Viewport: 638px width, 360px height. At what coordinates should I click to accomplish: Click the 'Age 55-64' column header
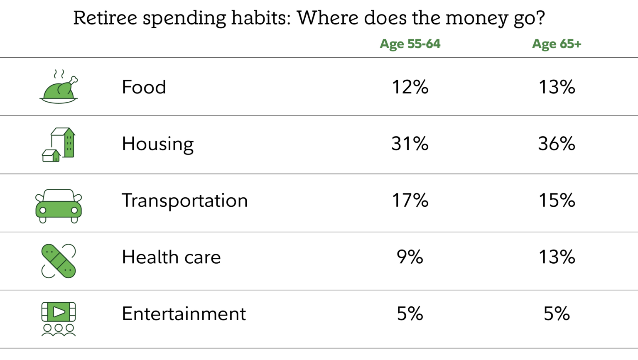(410, 44)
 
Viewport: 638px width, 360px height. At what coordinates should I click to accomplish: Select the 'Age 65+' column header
(557, 44)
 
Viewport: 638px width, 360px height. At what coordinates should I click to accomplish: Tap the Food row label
(144, 87)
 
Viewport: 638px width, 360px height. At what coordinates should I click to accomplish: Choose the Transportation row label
(184, 201)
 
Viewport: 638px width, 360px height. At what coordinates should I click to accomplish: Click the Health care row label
(171, 257)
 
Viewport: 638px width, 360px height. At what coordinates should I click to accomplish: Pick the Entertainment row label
(184, 313)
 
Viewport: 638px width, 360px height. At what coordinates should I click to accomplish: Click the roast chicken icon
(59, 87)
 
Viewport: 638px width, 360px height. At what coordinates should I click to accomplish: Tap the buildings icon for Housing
(59, 144)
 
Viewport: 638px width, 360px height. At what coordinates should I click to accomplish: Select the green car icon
(59, 206)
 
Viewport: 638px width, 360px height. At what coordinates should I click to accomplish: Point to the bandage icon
(59, 261)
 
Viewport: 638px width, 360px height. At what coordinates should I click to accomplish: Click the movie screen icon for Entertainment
(59, 319)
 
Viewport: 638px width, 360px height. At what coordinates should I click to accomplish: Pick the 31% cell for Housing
(410, 143)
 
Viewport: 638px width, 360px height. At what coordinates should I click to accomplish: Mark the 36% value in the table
(557, 143)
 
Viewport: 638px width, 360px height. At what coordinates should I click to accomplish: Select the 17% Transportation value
(410, 200)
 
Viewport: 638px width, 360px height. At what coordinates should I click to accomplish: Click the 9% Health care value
(410, 257)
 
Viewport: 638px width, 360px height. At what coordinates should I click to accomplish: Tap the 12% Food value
(410, 87)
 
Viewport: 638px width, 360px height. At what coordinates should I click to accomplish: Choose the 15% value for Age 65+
(557, 200)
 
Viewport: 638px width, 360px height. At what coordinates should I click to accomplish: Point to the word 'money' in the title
(477, 19)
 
